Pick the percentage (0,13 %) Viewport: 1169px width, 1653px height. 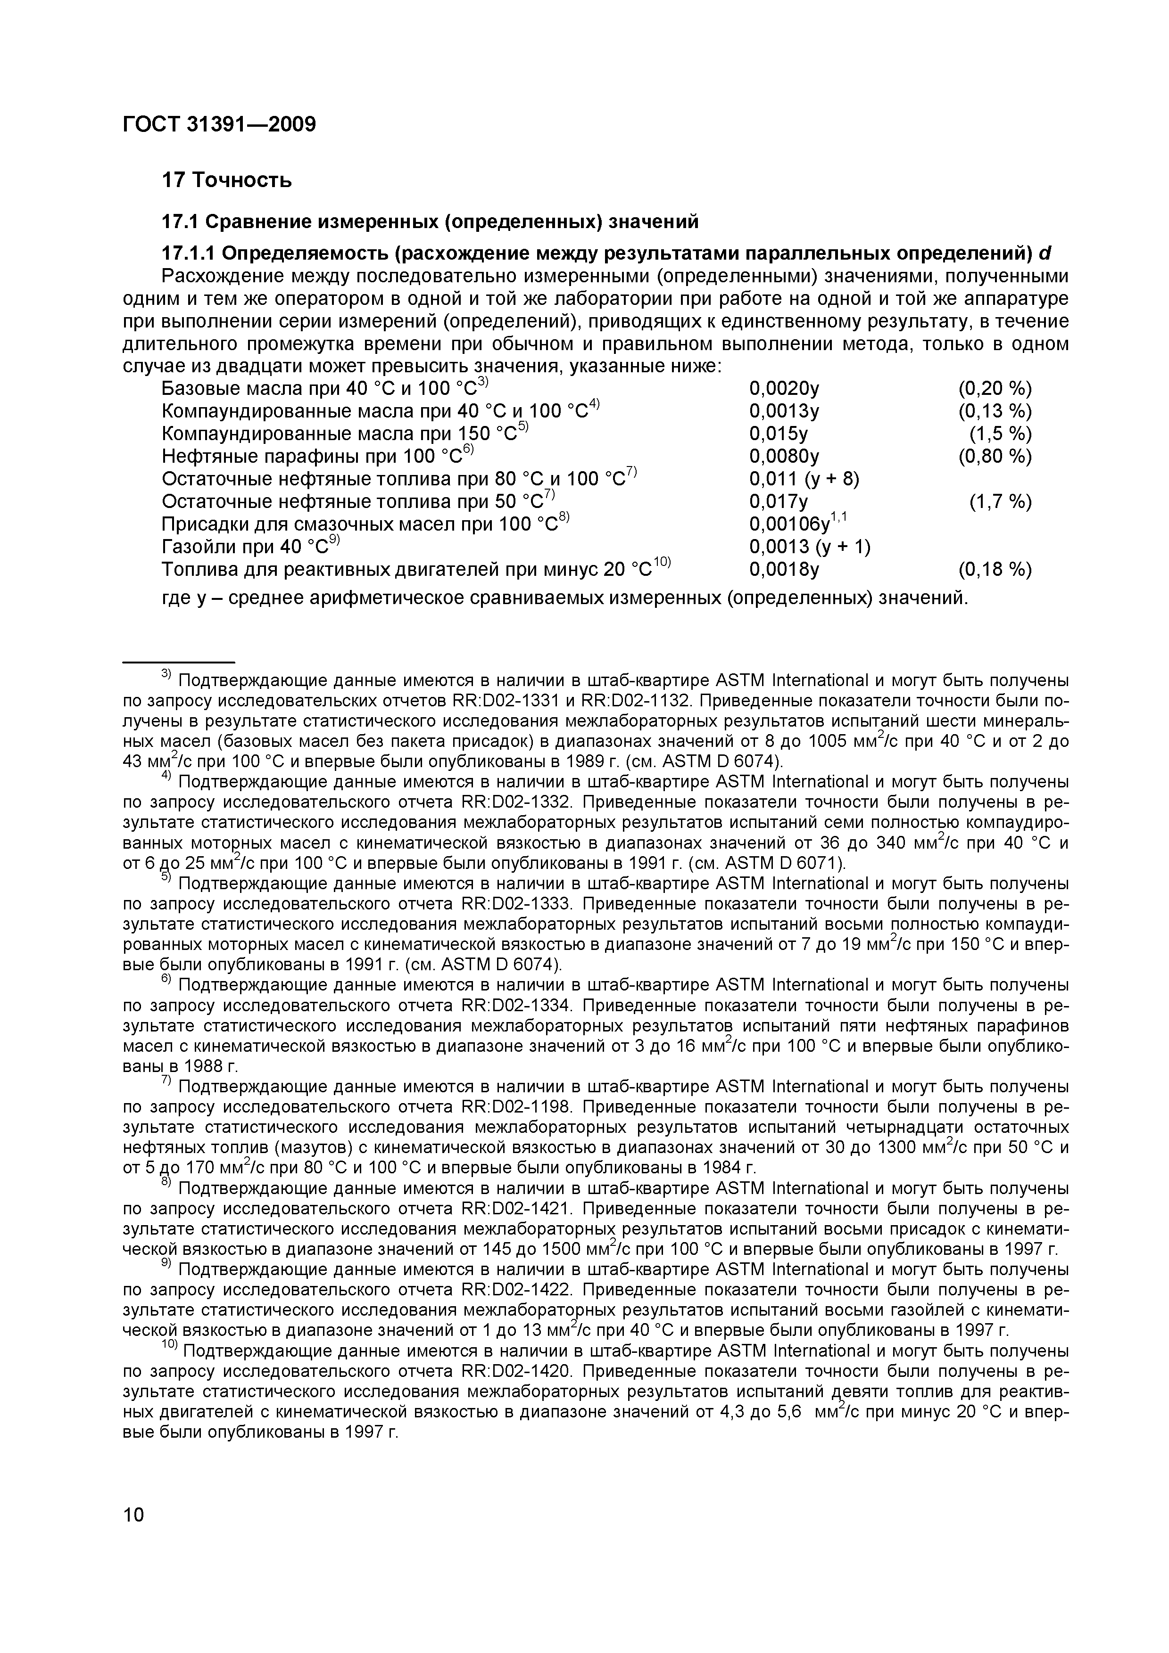(x=995, y=412)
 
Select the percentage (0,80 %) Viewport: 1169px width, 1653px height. (x=995, y=457)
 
